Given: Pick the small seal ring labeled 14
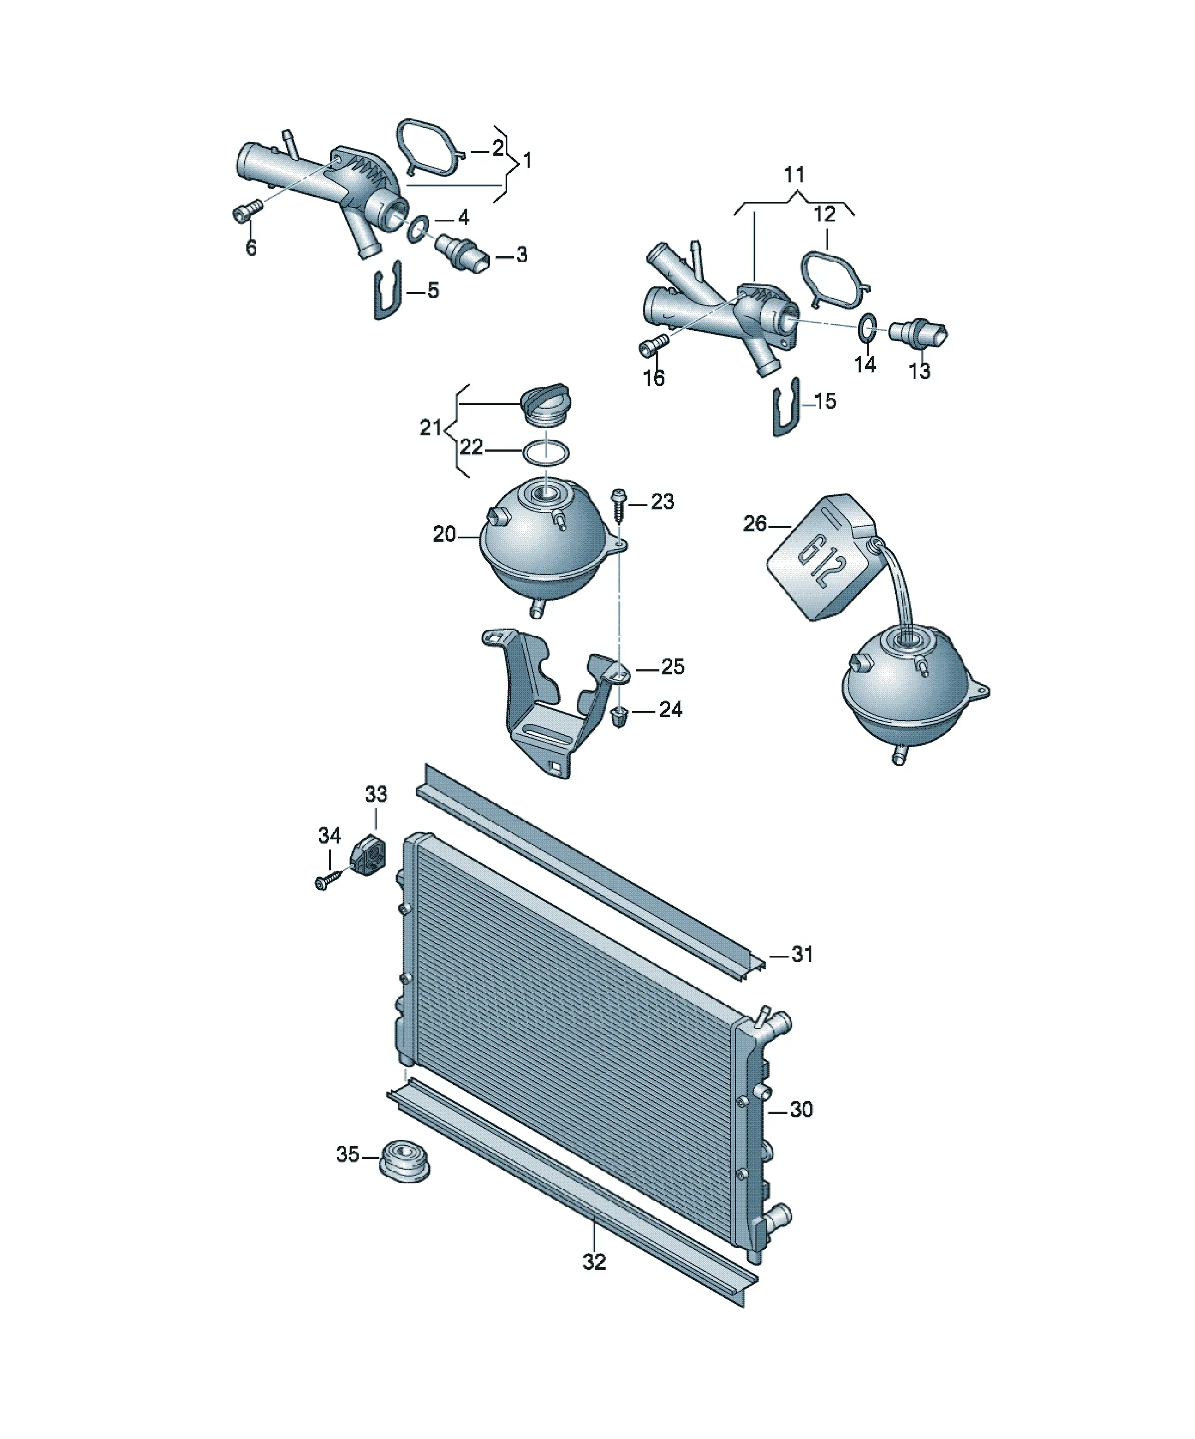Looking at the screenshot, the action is coord(867,327).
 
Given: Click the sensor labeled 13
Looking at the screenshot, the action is coord(918,333).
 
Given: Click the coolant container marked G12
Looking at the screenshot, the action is coord(820,557).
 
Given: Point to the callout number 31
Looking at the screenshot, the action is coord(802,954).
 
